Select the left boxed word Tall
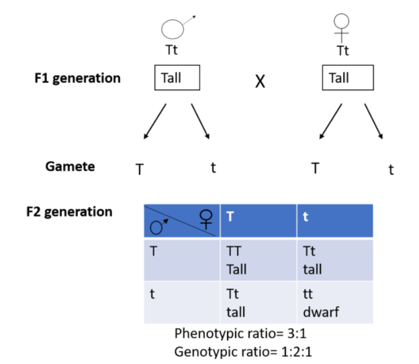177,78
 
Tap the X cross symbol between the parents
260,81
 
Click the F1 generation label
77,78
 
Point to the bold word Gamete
70,166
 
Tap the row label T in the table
155,251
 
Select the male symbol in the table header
158,226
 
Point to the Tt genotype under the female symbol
342,50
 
